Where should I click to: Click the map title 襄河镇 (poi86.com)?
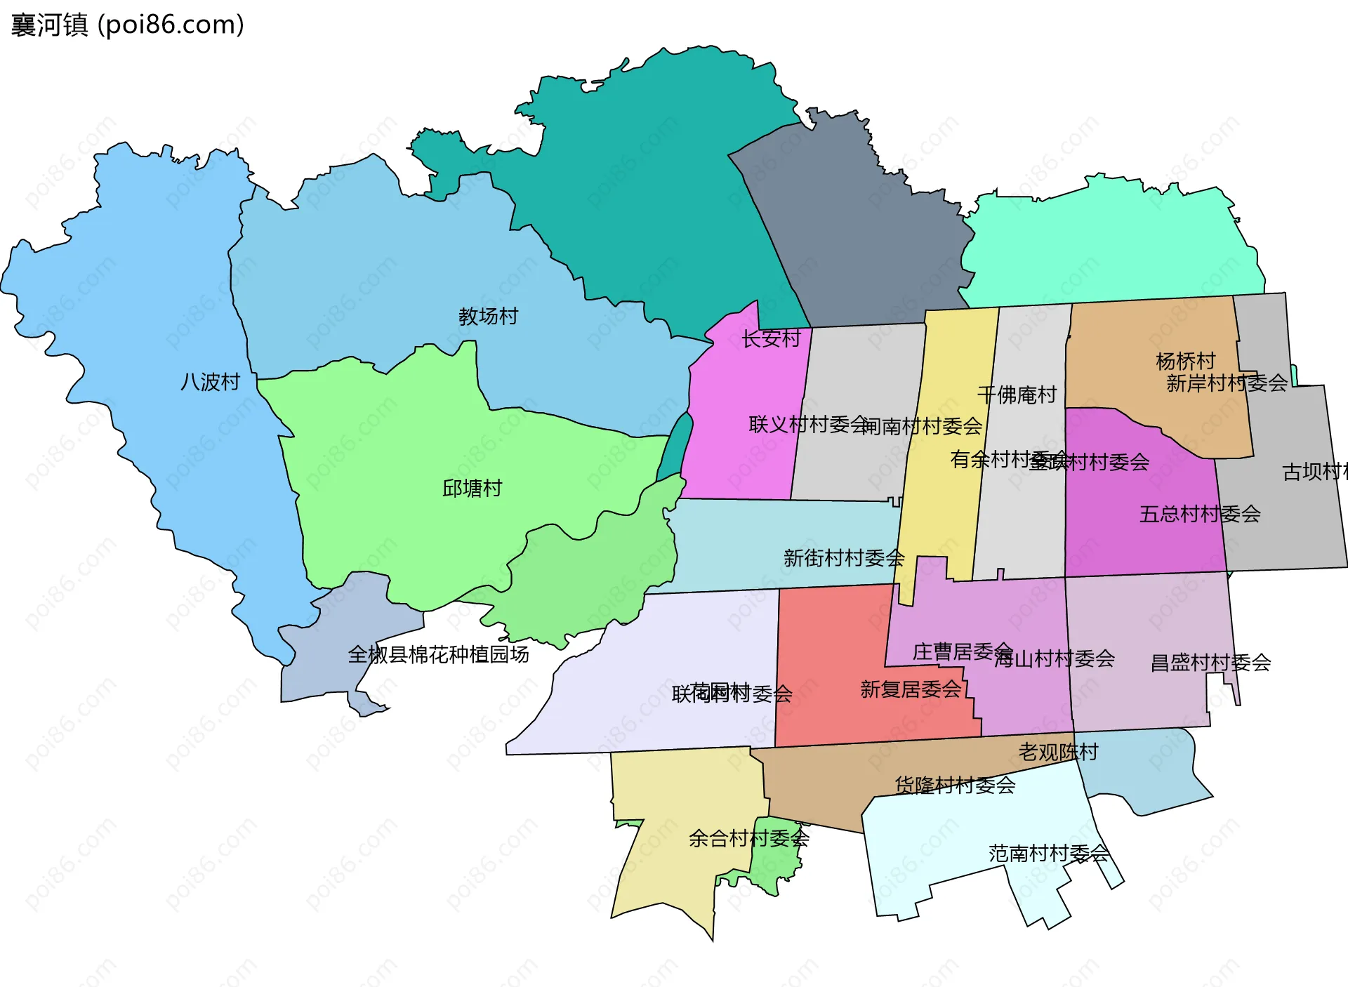pos(127,25)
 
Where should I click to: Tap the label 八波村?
pos(210,382)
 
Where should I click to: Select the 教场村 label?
pos(488,317)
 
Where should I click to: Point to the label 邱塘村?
pos(472,489)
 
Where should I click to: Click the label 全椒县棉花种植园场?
pos(438,655)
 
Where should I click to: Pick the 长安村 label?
pos(771,339)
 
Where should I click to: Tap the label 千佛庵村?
pos(1017,395)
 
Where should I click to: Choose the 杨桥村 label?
pos(1185,361)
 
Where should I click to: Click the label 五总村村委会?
pos(1199,515)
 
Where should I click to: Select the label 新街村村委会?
pos(843,559)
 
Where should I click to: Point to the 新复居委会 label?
pos(910,689)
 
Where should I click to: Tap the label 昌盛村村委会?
pos(1210,663)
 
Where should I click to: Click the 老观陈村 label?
pos(1058,753)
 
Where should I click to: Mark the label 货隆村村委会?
pos(955,786)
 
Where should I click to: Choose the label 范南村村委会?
pos(1048,854)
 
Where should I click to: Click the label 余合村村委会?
pos(748,838)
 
